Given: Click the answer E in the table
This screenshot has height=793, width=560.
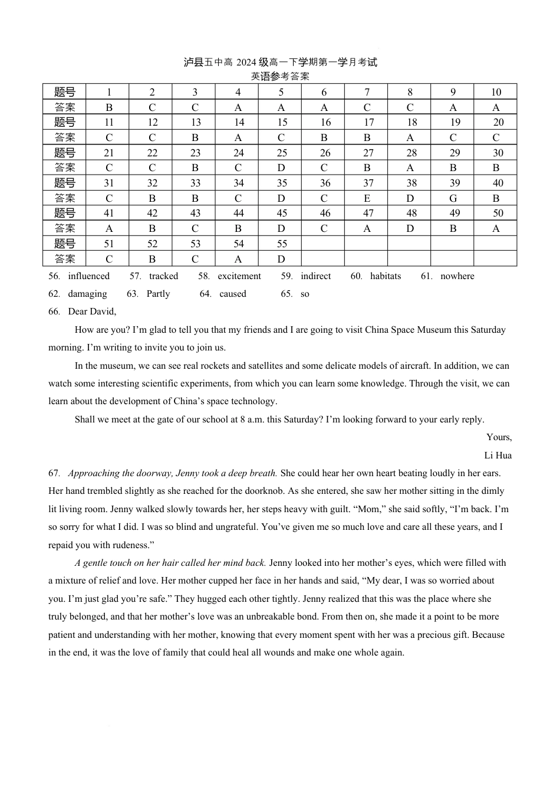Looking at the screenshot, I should (x=367, y=198).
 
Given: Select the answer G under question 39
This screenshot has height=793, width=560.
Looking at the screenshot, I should (x=453, y=198).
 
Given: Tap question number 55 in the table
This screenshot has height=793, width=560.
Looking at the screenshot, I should (x=282, y=244).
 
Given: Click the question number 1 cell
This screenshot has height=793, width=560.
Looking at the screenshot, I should (x=108, y=92).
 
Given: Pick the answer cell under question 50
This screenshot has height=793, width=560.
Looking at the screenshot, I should (x=496, y=228).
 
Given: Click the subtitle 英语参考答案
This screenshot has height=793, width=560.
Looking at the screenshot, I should (x=280, y=76).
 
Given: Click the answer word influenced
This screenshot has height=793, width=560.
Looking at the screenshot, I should (x=88, y=276).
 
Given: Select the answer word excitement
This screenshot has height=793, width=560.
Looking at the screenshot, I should (x=239, y=276).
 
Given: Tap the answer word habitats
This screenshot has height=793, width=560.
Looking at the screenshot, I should (x=385, y=276).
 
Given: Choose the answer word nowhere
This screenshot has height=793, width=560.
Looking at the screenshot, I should (x=457, y=276).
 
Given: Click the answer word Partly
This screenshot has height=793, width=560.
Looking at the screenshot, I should (x=158, y=294).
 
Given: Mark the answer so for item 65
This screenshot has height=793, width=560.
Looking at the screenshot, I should (x=305, y=294).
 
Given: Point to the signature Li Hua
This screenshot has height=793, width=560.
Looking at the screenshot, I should (x=498, y=455).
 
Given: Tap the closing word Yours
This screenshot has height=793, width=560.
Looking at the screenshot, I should (x=499, y=437).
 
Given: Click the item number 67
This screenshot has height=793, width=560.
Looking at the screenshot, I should (x=54, y=473).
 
